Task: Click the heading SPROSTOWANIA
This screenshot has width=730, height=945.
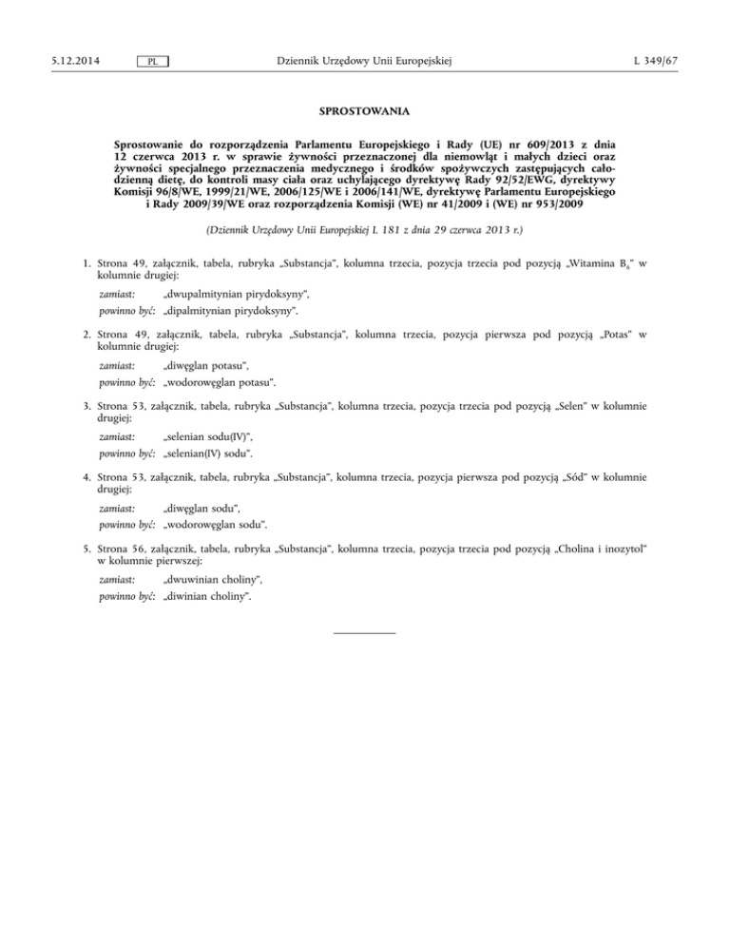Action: pos(364,111)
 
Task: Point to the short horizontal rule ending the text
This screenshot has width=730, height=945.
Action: pos(365,631)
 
